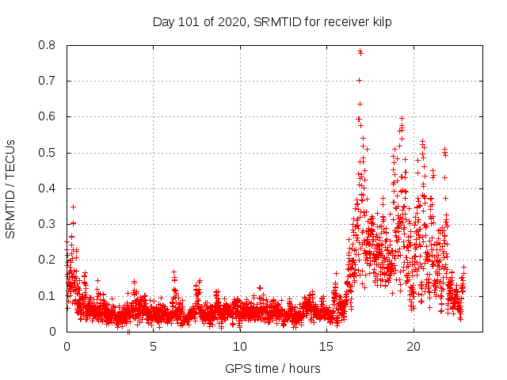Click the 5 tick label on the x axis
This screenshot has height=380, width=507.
tap(154, 347)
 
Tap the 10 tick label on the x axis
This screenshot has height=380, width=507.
tap(240, 347)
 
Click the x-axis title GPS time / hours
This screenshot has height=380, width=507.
tap(273, 368)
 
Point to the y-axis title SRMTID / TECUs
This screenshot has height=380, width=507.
tap(11, 189)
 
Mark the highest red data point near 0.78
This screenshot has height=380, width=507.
tap(360, 51)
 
